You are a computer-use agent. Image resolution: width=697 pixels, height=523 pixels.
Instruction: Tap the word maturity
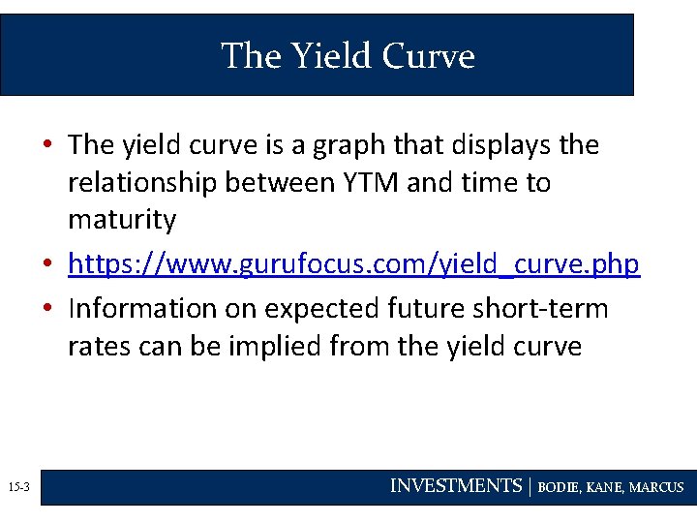coord(122,220)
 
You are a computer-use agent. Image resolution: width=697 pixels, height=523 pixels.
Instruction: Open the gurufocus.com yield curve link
coord(353,263)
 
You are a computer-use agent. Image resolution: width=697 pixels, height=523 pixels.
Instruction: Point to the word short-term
coord(547,308)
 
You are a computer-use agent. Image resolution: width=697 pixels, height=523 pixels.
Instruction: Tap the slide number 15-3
coord(18,487)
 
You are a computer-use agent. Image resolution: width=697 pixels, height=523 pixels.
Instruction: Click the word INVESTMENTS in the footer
coord(455,486)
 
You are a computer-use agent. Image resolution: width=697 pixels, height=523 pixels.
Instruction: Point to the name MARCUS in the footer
coord(656,487)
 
